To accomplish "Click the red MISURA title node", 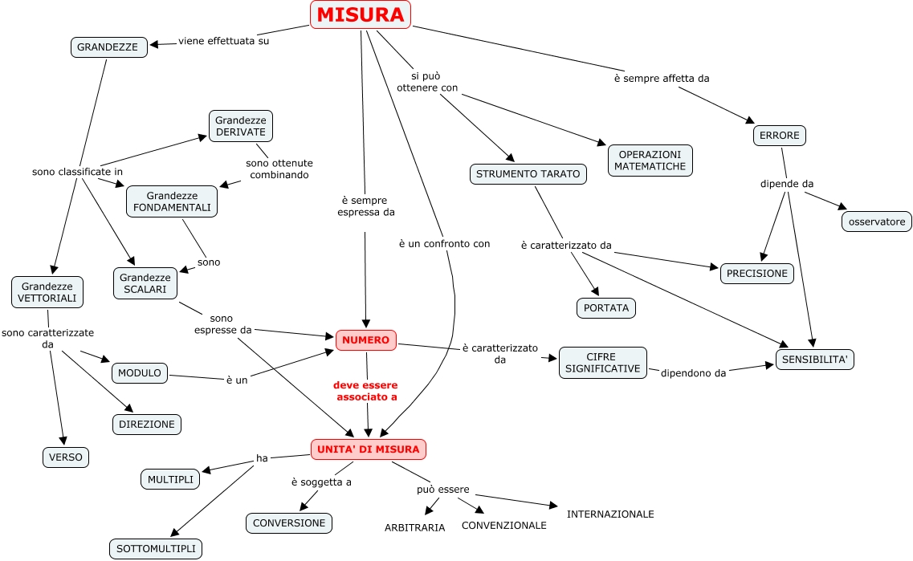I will click(x=360, y=15).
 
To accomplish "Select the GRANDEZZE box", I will click(x=108, y=47).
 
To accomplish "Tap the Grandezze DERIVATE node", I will click(x=241, y=126).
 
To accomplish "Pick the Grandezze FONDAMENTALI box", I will click(x=172, y=201).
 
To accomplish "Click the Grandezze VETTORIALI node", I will click(x=47, y=292).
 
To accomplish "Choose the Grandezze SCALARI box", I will click(x=145, y=283).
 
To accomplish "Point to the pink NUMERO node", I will click(x=366, y=340).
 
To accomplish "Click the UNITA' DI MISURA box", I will click(x=368, y=449).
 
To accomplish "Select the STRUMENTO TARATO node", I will click(x=528, y=174).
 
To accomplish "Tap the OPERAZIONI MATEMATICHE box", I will click(x=650, y=161).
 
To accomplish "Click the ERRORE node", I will click(x=779, y=136).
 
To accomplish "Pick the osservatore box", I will click(x=876, y=222).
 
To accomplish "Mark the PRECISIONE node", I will click(x=756, y=274).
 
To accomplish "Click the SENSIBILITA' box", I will click(x=814, y=360).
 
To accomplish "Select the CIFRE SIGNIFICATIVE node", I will click(x=602, y=363).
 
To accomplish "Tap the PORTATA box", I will click(x=605, y=308).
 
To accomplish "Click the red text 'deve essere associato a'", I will click(x=366, y=391).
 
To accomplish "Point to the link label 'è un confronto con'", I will click(x=444, y=243).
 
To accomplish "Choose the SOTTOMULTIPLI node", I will click(x=156, y=549).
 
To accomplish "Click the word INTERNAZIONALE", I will click(x=610, y=514).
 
